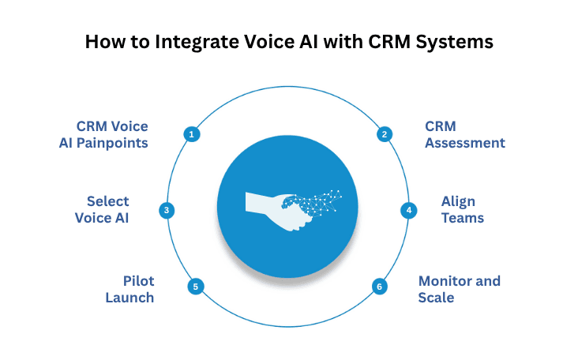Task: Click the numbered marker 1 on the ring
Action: [190, 134]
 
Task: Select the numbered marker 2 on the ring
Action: [384, 134]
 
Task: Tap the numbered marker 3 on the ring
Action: [167, 210]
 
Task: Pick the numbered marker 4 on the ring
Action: [408, 210]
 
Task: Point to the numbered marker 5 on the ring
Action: [195, 287]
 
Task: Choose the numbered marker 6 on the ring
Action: [380, 287]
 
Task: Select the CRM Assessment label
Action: [464, 134]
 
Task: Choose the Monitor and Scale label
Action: [459, 289]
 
